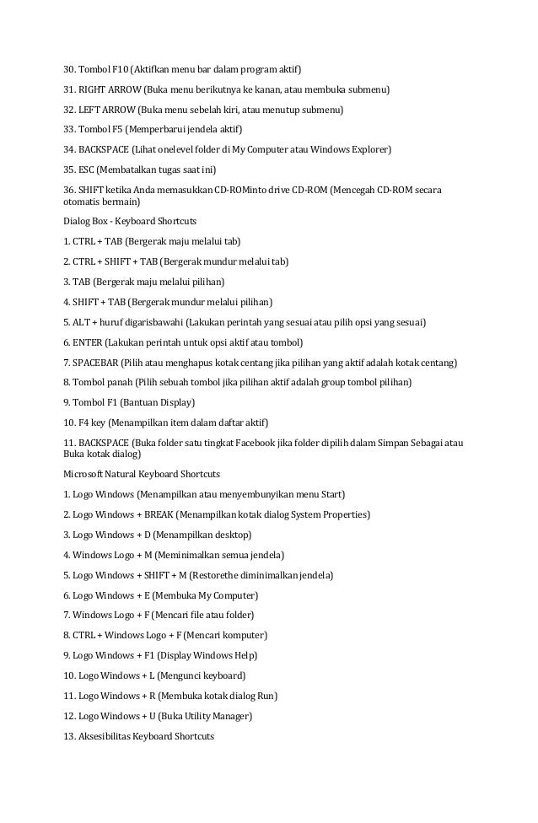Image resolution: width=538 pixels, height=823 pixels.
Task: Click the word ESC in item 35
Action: click(x=89, y=169)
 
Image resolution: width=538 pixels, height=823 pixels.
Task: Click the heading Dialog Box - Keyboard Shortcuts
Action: click(x=130, y=222)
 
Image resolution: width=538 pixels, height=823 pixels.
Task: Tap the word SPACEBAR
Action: click(x=97, y=362)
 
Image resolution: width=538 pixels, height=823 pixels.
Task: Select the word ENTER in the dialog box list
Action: click(x=88, y=342)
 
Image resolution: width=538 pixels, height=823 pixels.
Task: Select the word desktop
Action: click(x=230, y=535)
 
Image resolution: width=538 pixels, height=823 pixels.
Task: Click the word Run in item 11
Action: click(x=266, y=696)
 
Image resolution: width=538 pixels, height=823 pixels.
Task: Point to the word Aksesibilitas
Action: click(x=106, y=736)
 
